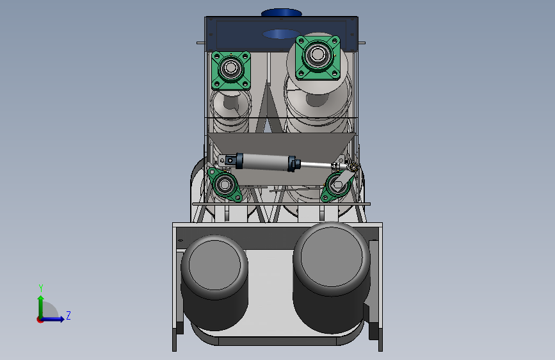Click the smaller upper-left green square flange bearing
coord(231,70)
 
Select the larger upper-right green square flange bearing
coord(318,57)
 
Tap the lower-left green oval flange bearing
coord(225,184)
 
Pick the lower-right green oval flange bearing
coord(336,186)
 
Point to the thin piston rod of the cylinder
coord(316,165)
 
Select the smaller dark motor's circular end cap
coord(214,265)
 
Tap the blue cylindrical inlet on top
coord(282,13)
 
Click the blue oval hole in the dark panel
coord(281,34)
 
